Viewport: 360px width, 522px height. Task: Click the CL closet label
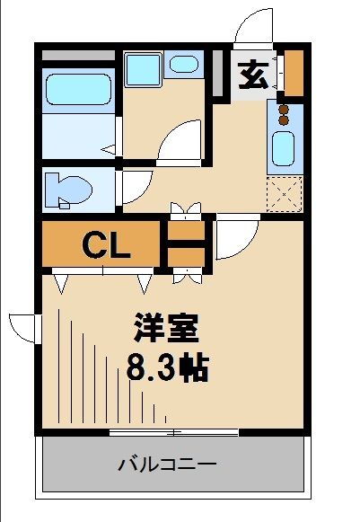[x=108, y=244]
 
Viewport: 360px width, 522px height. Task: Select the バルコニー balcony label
[x=167, y=464]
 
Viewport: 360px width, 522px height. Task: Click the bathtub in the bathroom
[x=76, y=90]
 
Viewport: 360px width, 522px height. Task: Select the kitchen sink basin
[x=284, y=148]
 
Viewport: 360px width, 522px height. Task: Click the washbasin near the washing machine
[x=185, y=65]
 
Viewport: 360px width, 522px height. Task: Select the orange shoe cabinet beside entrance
[x=294, y=75]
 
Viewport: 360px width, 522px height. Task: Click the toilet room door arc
[x=132, y=185]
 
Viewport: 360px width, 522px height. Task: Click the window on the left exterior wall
[x=23, y=327]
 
